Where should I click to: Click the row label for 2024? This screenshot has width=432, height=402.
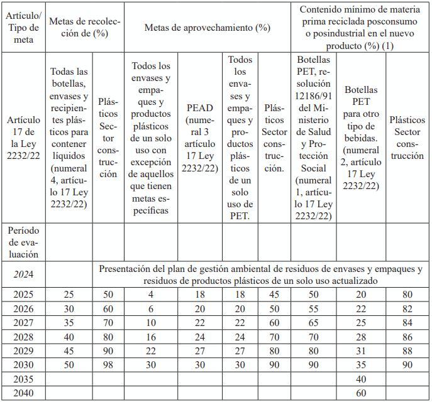(23, 274)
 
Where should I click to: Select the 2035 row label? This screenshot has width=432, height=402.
(23, 379)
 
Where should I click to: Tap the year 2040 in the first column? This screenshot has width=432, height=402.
(23, 393)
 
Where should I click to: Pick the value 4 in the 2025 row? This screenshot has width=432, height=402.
(151, 295)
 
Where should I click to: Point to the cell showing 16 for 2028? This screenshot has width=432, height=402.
(151, 337)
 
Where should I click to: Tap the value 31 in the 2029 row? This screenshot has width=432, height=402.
(361, 351)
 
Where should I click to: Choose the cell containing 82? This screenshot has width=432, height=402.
(407, 309)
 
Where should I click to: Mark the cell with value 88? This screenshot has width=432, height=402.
(407, 351)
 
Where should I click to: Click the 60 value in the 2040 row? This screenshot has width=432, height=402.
(361, 393)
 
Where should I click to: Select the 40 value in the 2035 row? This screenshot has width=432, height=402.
(361, 379)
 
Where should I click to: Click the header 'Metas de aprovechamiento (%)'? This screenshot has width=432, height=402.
(207, 28)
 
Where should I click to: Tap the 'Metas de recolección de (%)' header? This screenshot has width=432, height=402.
(84, 28)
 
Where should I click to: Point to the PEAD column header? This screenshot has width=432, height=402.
(199, 138)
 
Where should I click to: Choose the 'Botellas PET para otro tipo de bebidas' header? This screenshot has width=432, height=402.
(361, 138)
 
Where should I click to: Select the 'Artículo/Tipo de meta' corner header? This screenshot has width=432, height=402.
(23, 28)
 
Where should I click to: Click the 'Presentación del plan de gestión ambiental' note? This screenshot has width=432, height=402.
(260, 274)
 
